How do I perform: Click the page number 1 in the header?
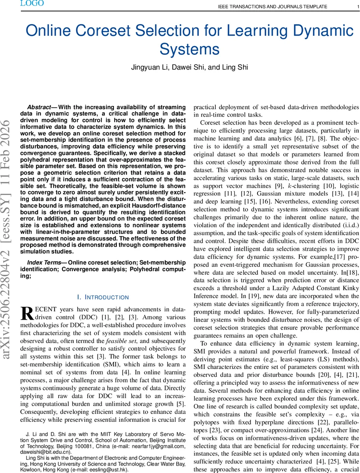coord(352,7)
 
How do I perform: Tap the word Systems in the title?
coord(189,50)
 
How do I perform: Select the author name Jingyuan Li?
coord(148,67)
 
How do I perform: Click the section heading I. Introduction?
coord(103,297)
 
